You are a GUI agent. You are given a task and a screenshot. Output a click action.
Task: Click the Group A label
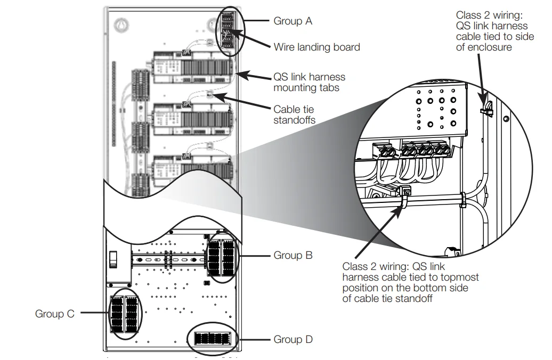tap(293, 21)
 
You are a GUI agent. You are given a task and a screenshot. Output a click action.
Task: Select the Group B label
tap(293, 256)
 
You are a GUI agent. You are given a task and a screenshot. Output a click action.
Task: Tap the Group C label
tap(55, 314)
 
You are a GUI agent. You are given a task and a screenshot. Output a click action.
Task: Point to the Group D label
tap(293, 339)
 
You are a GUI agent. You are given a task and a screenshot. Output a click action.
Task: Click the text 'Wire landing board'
tap(316, 47)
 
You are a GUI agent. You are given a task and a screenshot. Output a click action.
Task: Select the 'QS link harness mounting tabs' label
tap(309, 83)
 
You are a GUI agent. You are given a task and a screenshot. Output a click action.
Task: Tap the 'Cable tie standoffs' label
tap(294, 114)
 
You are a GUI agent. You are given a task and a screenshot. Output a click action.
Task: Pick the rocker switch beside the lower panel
tap(113, 260)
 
